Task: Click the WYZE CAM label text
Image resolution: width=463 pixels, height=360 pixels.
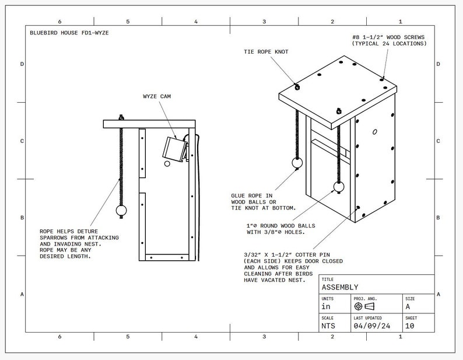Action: pyautogui.click(x=157, y=96)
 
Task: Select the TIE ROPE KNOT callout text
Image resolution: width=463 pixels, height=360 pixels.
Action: pyautogui.click(x=265, y=52)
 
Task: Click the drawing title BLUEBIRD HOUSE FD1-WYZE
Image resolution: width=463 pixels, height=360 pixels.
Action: pyautogui.click(x=69, y=33)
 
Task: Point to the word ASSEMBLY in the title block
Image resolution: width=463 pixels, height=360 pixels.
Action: pyautogui.click(x=340, y=287)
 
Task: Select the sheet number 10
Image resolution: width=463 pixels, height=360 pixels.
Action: pyautogui.click(x=409, y=326)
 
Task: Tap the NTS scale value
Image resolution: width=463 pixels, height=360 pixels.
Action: pyautogui.click(x=328, y=326)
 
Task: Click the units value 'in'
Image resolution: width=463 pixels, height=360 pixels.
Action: pyautogui.click(x=327, y=306)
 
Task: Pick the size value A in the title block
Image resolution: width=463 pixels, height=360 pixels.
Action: pyautogui.click(x=408, y=306)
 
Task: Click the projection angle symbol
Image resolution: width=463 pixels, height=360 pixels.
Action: pyautogui.click(x=363, y=306)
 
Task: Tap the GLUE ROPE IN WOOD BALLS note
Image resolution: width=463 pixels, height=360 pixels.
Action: pyautogui.click(x=264, y=201)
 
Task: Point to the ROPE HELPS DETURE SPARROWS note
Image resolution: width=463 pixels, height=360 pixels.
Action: pyautogui.click(x=79, y=243)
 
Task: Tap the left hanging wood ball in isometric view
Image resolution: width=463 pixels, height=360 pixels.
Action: pyautogui.click(x=297, y=164)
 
